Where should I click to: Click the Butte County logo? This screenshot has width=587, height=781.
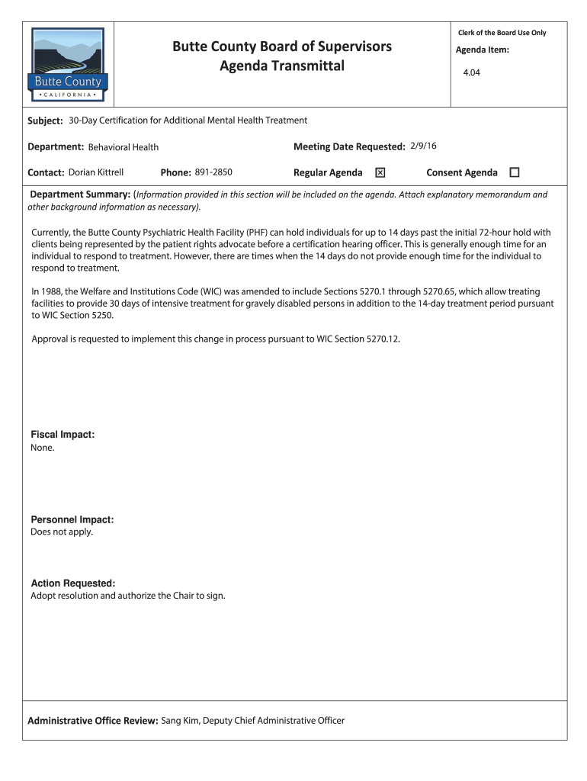click(69, 66)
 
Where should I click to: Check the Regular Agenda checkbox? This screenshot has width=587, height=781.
click(380, 173)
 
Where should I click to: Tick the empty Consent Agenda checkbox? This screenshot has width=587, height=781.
click(514, 173)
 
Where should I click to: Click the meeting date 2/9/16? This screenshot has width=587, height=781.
click(422, 146)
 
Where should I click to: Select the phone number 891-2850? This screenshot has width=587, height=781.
click(213, 172)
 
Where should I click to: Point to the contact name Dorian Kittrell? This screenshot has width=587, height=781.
click(96, 172)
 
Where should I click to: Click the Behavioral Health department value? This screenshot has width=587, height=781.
click(123, 147)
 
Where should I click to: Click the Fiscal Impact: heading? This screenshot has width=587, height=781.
click(63, 434)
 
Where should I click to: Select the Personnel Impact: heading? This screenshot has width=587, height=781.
click(72, 519)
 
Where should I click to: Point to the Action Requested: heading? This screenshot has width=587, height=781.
click(72, 583)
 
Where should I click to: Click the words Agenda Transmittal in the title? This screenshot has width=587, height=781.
click(282, 66)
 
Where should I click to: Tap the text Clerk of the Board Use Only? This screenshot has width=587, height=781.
click(502, 33)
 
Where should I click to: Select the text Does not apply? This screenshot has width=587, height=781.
click(62, 532)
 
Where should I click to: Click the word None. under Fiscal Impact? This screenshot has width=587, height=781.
click(43, 448)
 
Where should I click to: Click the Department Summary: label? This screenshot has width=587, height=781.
click(80, 194)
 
